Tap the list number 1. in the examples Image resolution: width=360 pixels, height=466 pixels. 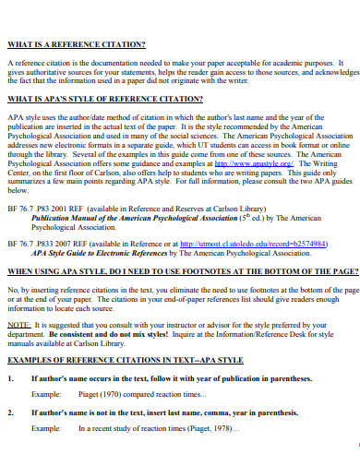coord(10,378)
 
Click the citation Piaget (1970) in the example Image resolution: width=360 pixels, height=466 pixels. coord(99,394)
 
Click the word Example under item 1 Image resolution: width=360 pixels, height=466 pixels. coord(46,394)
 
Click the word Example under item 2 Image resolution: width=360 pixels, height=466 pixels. coord(46,429)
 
